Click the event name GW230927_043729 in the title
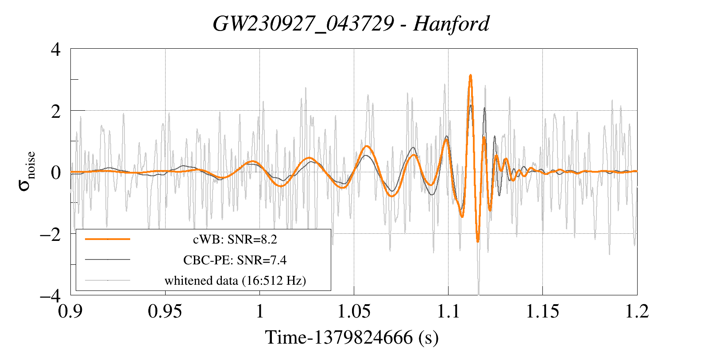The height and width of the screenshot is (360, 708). click(303, 24)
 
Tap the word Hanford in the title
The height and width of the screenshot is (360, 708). click(451, 24)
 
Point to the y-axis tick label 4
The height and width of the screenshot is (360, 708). click(56, 50)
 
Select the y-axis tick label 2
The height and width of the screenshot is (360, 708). click(56, 111)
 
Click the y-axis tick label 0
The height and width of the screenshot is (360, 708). click(56, 173)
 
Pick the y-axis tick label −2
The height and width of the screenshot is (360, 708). click(50, 234)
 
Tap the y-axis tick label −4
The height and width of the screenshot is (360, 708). click(50, 296)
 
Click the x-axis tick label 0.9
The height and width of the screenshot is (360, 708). click(70, 311)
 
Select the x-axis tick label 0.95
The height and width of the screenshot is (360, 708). click(165, 311)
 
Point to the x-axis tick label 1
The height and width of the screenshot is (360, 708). click(260, 311)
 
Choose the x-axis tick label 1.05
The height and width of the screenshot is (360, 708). click(354, 311)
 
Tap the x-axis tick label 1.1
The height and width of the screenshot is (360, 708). click(448, 311)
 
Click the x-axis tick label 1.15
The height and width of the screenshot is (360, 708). click(543, 311)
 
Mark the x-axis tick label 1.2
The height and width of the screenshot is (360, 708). click(637, 311)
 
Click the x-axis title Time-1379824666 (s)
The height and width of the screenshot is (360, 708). click(352, 337)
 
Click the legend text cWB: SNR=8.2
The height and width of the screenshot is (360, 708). click(235, 240)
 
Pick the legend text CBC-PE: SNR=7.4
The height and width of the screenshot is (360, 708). click(235, 260)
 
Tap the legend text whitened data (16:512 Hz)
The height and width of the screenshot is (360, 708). click(235, 281)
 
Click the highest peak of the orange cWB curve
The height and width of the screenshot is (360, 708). click(470, 75)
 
